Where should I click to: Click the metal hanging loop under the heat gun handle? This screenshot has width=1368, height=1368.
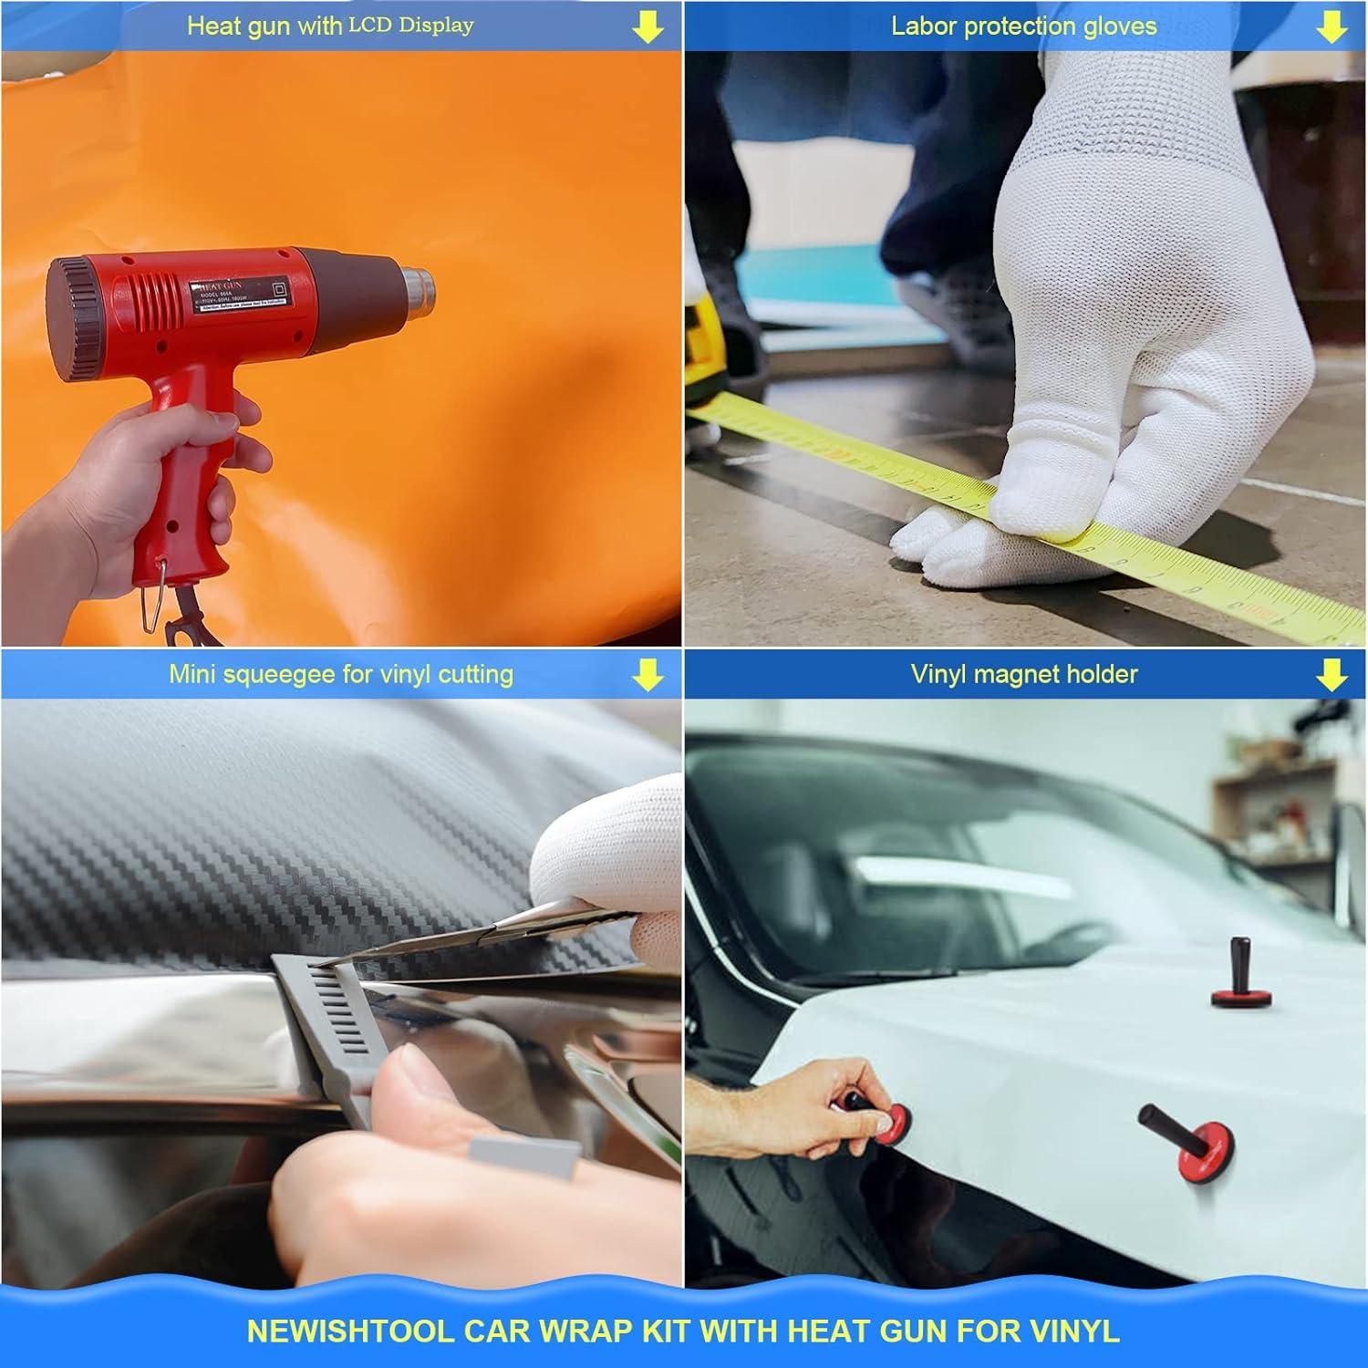click(151, 603)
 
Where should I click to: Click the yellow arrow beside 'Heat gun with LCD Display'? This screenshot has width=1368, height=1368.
click(648, 27)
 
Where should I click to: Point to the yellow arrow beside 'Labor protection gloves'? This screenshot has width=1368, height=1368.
click(1332, 27)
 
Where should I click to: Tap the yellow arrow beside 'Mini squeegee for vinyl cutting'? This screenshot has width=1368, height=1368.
click(648, 675)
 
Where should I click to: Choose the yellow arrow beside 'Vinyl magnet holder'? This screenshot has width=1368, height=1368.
click(1332, 675)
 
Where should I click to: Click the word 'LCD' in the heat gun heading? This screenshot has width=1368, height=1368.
click(370, 26)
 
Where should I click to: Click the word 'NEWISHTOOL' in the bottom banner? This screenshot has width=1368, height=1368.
click(350, 1332)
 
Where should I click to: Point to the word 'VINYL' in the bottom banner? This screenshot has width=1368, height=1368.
click(1076, 1332)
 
